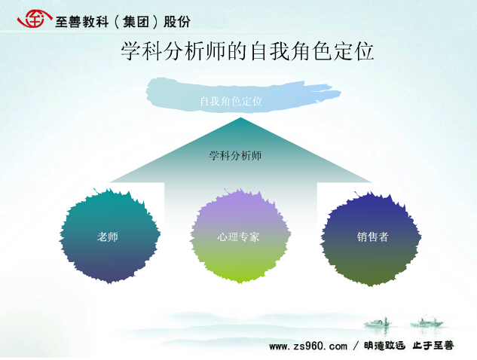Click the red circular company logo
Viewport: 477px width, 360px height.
[34, 19]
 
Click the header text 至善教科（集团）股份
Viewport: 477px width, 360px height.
[123, 22]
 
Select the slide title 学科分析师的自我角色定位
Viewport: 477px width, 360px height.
[247, 51]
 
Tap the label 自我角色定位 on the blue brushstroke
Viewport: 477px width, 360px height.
[231, 101]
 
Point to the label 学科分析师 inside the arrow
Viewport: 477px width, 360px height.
[235, 156]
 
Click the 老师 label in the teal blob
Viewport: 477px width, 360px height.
[108, 236]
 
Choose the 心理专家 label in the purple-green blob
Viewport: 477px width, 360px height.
[238, 236]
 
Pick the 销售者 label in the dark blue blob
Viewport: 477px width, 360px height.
[373, 236]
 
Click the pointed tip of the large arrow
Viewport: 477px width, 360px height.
[240, 118]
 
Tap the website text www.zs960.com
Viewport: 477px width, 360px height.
[308, 346]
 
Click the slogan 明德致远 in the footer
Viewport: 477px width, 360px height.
[384, 346]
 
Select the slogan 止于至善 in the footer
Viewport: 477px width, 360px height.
[433, 346]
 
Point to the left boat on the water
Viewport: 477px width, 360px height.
[378, 322]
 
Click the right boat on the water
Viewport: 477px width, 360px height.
[427, 322]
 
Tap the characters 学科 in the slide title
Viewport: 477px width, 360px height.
[141, 51]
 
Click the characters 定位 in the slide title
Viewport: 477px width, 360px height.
[353, 51]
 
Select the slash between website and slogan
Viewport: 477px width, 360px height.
[356, 346]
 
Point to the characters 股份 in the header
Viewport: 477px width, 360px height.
[177, 22]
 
